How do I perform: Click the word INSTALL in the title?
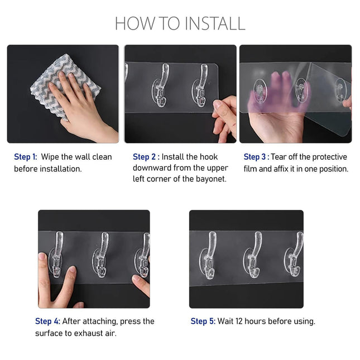(x=215, y=23)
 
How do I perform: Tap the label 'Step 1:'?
(x=25, y=157)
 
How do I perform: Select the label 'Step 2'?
(x=144, y=157)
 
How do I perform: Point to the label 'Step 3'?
(x=255, y=157)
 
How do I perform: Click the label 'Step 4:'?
(x=47, y=321)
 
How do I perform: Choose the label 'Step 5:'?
(x=203, y=321)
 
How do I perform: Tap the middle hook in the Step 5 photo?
(x=255, y=254)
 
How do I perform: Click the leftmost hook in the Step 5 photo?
(x=210, y=254)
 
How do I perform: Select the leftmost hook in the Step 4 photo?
(x=57, y=254)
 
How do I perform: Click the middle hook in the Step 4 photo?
(x=102, y=254)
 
